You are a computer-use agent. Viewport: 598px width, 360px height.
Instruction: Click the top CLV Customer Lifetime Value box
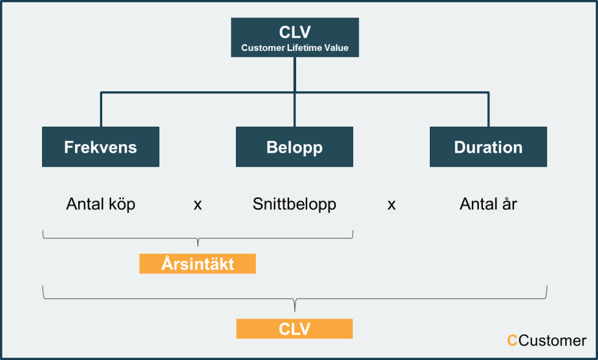pyautogui.click(x=295, y=37)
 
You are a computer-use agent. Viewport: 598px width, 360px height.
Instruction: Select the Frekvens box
pyautogui.click(x=100, y=147)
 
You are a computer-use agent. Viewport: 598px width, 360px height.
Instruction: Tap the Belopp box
pyautogui.click(x=294, y=147)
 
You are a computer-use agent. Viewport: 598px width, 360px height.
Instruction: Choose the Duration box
pyautogui.click(x=488, y=147)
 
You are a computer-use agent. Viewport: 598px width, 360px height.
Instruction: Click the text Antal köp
pyautogui.click(x=100, y=204)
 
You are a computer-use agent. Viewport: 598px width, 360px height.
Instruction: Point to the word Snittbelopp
pyautogui.click(x=294, y=205)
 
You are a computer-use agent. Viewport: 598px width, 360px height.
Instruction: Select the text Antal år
pyautogui.click(x=488, y=203)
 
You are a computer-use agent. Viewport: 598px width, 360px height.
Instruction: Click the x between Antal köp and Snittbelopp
pyautogui.click(x=197, y=205)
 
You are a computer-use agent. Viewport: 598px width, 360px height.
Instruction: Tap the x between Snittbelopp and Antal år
pyautogui.click(x=391, y=205)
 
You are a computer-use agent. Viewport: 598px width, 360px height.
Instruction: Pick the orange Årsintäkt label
pyautogui.click(x=197, y=264)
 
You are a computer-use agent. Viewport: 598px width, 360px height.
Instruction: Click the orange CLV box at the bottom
pyautogui.click(x=294, y=328)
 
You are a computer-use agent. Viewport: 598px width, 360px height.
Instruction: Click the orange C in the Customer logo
pyautogui.click(x=512, y=341)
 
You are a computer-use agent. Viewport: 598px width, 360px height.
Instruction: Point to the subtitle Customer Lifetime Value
pyautogui.click(x=295, y=48)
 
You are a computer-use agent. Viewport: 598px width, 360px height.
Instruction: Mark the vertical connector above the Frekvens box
pyautogui.click(x=101, y=109)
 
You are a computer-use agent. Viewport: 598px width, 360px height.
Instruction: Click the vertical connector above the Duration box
pyautogui.click(x=488, y=109)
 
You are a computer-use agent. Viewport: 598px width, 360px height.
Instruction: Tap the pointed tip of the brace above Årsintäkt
pyautogui.click(x=197, y=246)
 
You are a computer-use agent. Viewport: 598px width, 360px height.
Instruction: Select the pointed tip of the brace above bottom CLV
pyautogui.click(x=294, y=311)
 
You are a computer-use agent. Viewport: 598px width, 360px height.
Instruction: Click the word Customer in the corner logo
pyautogui.click(x=552, y=341)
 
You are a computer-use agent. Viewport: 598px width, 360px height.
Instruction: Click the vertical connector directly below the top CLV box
pyautogui.click(x=295, y=74)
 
